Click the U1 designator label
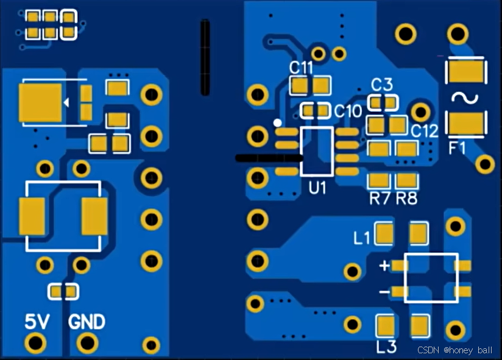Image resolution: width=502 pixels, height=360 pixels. coord(317,188)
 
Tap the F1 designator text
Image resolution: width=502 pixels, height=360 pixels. coord(457,148)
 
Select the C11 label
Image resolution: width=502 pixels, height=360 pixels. coord(301,67)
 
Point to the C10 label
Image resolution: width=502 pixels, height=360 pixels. coord(348,111)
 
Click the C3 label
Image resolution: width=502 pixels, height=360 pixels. coord(382,84)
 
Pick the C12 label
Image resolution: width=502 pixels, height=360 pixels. coord(424,131)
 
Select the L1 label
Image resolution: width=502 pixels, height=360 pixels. coord(362,238)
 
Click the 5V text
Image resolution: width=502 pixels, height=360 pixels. coord(36,321)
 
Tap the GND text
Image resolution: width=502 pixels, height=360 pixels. coord(87,321)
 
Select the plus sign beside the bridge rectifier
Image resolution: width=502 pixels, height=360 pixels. coord(384,266)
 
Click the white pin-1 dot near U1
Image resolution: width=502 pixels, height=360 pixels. coord(278,122)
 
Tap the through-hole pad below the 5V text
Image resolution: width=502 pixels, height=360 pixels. coord(37,342)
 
